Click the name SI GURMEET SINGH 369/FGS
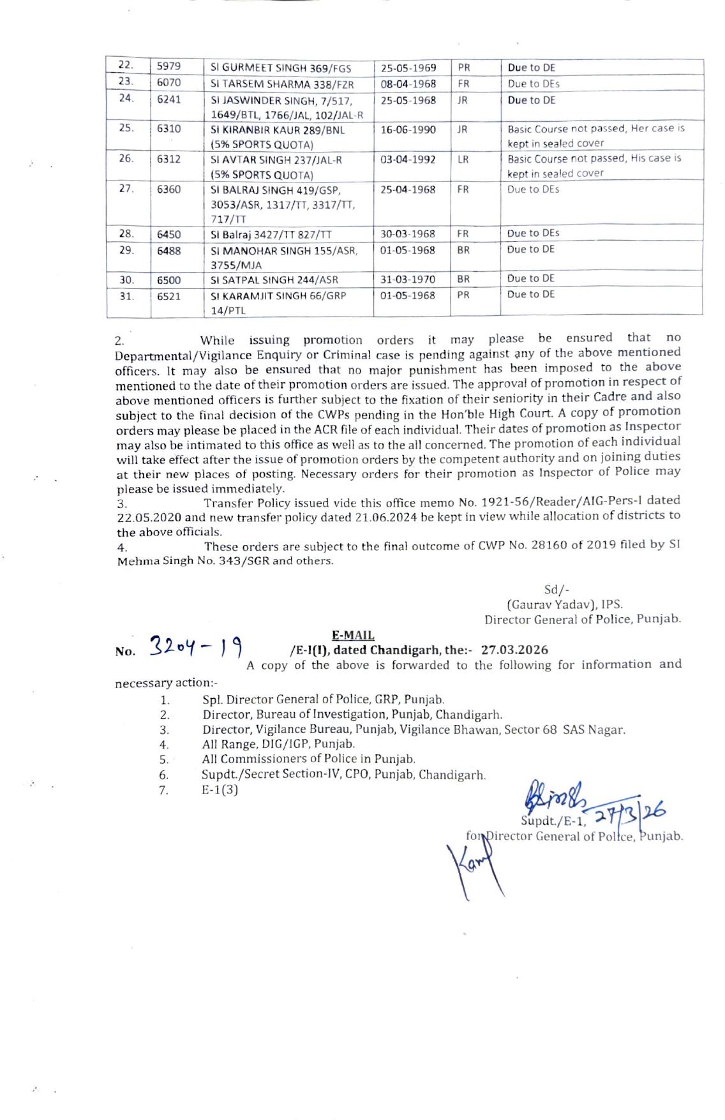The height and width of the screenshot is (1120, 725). (281, 68)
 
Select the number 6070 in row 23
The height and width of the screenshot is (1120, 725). (169, 83)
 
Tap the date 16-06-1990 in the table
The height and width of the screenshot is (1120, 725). (408, 130)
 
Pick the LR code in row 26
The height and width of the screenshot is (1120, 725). (463, 159)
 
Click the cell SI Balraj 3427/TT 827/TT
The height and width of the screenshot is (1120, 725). (271, 235)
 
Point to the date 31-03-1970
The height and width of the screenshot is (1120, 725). (408, 280)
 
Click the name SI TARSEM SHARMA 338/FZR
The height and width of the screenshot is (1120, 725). (282, 84)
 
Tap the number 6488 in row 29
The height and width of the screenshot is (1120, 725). (169, 251)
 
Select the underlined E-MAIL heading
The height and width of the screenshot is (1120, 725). (353, 635)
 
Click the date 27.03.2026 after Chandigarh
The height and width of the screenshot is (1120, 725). (514, 650)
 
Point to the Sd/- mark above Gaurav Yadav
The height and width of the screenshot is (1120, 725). (557, 590)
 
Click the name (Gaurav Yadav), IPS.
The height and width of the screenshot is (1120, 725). (565, 604)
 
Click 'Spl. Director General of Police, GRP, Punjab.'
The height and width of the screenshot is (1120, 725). (324, 699)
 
